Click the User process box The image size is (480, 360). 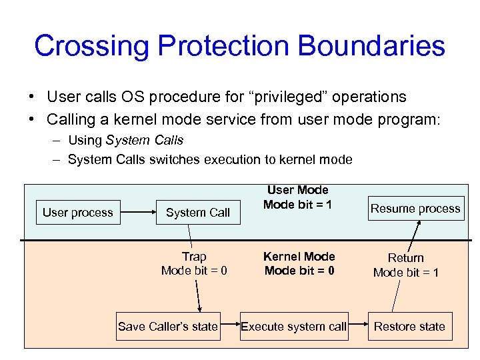pyautogui.click(x=78, y=213)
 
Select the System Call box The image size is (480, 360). pyautogui.click(x=197, y=213)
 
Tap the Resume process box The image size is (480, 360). pyautogui.click(x=415, y=209)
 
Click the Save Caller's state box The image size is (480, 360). pyautogui.click(x=168, y=326)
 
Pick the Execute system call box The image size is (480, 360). pyautogui.click(x=294, y=326)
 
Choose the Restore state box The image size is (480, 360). pyautogui.click(x=409, y=326)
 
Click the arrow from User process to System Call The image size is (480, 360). pyautogui.click(x=137, y=213)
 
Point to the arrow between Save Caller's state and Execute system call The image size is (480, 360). pyautogui.click(x=230, y=326)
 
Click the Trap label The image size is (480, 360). pyautogui.click(x=194, y=257)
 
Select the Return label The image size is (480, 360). pyautogui.click(x=406, y=257)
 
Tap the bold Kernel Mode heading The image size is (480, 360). pyautogui.click(x=299, y=257)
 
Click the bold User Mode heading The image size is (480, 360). pyautogui.click(x=298, y=191)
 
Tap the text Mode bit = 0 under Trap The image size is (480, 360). pyautogui.click(x=194, y=271)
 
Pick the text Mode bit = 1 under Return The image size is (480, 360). pyautogui.click(x=406, y=272)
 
